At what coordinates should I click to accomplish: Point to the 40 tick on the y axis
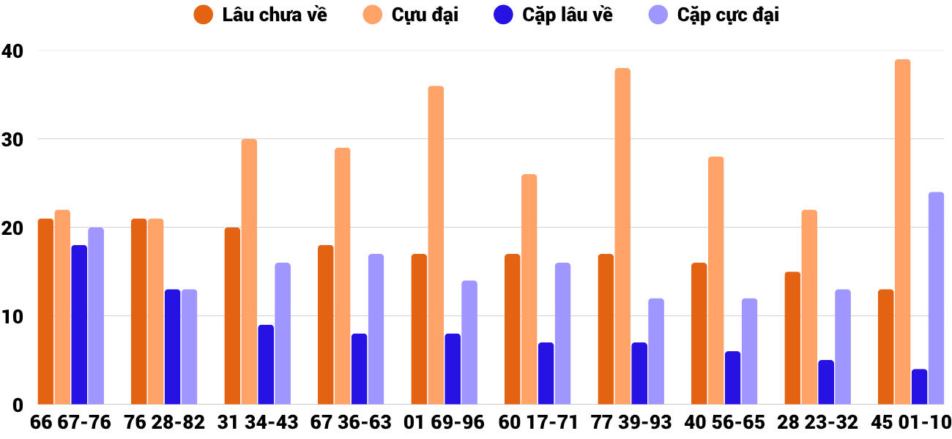pos(12,51)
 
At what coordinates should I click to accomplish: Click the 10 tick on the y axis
pos(12,316)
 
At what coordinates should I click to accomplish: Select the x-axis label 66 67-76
pos(70,423)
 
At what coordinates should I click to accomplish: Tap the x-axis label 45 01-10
pos(910,423)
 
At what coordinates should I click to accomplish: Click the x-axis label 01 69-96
pos(444,423)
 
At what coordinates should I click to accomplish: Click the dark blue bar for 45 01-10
pos(919,387)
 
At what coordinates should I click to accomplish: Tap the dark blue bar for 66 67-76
pos(79,325)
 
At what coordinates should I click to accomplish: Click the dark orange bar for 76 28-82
pos(138,312)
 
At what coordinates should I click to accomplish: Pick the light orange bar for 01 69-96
pos(436,245)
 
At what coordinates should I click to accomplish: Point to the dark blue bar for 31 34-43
pos(266,365)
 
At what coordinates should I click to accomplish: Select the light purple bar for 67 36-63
pos(376,329)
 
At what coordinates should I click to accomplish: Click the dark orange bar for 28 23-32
pos(792,338)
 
